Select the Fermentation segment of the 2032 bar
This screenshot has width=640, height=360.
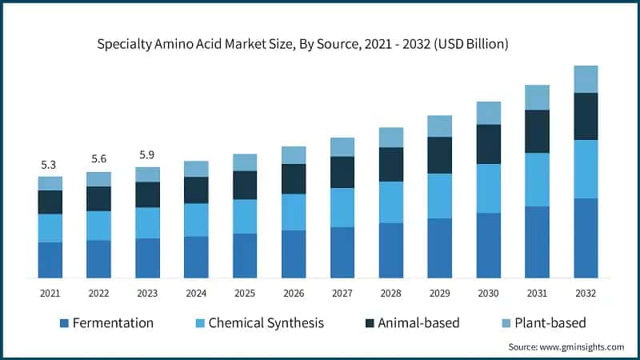point(586,238)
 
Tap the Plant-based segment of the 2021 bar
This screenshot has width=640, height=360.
point(50,183)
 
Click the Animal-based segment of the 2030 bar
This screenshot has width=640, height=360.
point(489,144)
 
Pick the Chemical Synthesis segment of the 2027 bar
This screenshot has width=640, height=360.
point(342,207)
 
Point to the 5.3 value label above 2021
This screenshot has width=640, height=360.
point(50,165)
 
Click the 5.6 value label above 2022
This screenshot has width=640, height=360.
point(98,159)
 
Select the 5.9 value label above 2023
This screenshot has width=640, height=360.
point(147,154)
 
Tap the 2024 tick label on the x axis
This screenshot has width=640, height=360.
point(196,294)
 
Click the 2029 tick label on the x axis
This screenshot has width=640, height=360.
point(440,294)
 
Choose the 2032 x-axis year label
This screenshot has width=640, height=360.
point(586,294)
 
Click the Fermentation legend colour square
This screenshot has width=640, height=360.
point(64,323)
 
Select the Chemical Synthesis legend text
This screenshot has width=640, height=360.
point(266,323)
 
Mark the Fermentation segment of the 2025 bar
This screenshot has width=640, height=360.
point(245,255)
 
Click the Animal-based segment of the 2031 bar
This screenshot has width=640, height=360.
point(538,131)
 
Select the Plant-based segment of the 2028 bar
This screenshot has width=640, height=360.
point(391,137)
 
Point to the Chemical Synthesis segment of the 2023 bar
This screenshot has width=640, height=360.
point(147,222)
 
